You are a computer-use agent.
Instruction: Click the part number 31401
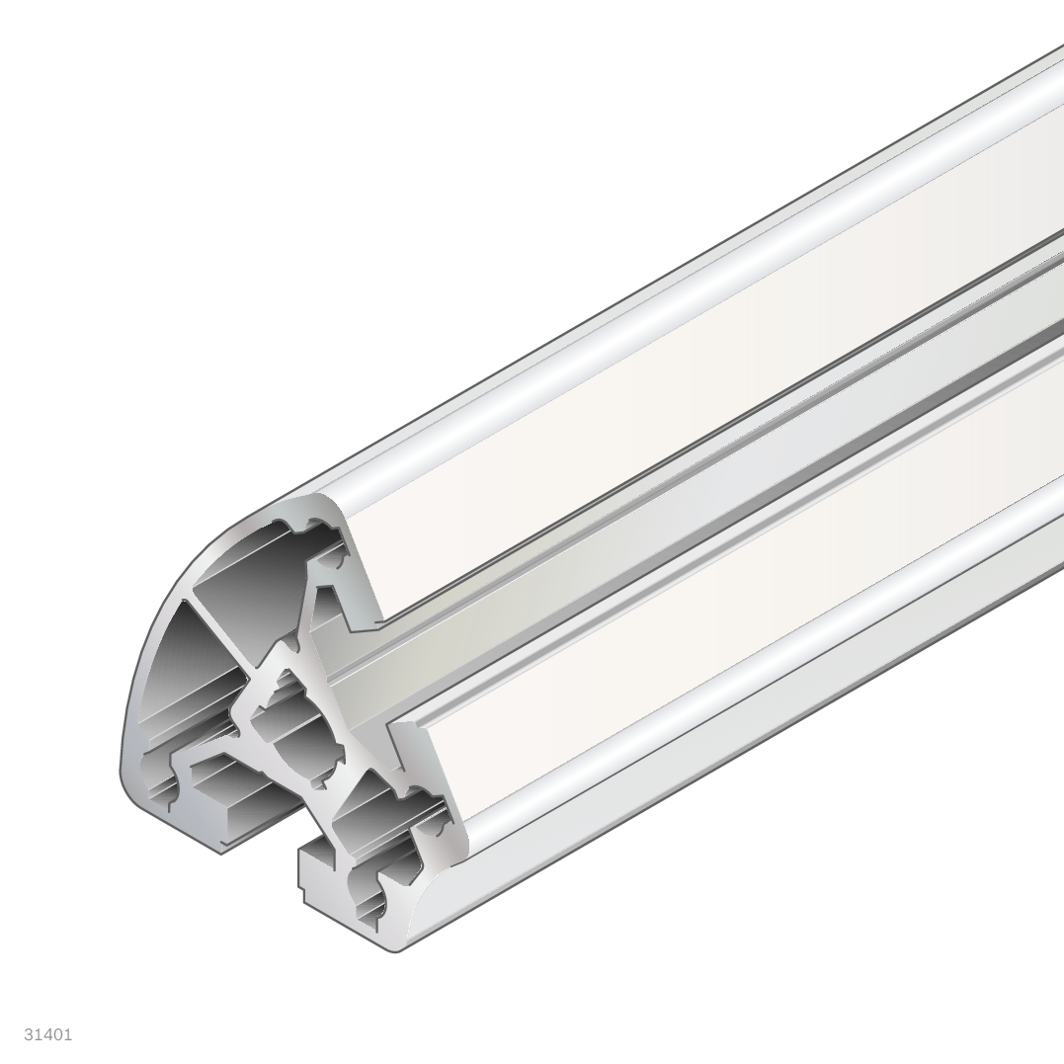pos(47,1034)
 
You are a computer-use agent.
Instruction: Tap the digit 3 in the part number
pos(29,1034)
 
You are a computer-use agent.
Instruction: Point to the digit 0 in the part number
pos(57,1034)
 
